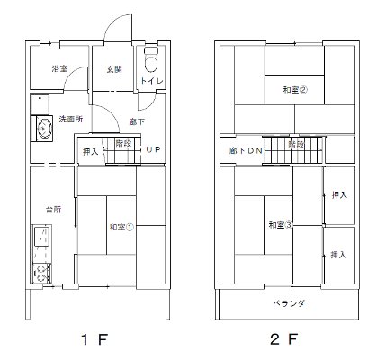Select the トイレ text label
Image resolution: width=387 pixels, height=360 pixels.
[x=149, y=82]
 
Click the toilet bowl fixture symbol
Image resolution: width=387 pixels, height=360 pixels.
[x=149, y=64]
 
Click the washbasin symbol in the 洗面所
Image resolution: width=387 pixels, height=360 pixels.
[x=41, y=130]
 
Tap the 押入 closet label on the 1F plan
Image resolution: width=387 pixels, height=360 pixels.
[x=92, y=151]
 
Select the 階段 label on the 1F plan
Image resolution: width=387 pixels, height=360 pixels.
[x=124, y=142]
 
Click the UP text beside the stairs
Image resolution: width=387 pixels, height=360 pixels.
[x=152, y=151]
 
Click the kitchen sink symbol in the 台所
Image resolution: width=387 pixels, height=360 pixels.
[x=40, y=240]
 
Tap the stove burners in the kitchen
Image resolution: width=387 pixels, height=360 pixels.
[x=40, y=271]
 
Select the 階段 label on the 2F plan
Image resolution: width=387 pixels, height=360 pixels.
[x=296, y=143]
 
